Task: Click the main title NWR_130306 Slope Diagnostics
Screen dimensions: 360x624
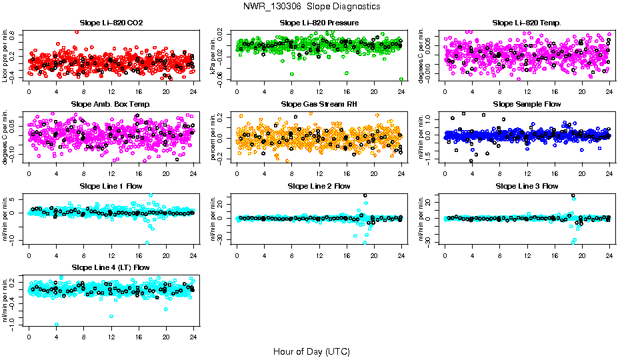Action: point(312,6)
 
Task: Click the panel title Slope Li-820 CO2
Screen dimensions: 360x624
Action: point(111,23)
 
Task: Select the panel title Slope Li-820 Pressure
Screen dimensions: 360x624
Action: point(319,23)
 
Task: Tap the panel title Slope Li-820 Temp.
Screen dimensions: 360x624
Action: point(527,23)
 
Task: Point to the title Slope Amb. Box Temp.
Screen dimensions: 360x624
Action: point(111,104)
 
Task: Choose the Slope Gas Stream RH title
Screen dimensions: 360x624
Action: point(319,104)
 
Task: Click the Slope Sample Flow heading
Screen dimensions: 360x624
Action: point(527,104)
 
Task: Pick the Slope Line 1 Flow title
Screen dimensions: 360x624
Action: point(111,185)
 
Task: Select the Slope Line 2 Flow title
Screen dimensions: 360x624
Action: point(319,185)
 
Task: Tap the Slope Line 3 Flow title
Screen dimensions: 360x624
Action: point(527,185)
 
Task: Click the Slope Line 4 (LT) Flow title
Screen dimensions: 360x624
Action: point(111,267)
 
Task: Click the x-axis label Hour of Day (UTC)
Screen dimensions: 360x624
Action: point(311,351)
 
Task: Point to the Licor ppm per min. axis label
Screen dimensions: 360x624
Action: point(6,56)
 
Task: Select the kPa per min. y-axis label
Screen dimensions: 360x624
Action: point(213,56)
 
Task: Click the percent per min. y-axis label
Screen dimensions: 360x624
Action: point(213,137)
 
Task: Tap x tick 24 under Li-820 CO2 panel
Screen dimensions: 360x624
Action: point(193,91)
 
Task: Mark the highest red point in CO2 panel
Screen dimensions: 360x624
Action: point(77,32)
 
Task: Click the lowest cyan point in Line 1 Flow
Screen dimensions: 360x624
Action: point(147,243)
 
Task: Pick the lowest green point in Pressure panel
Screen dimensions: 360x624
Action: point(401,79)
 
